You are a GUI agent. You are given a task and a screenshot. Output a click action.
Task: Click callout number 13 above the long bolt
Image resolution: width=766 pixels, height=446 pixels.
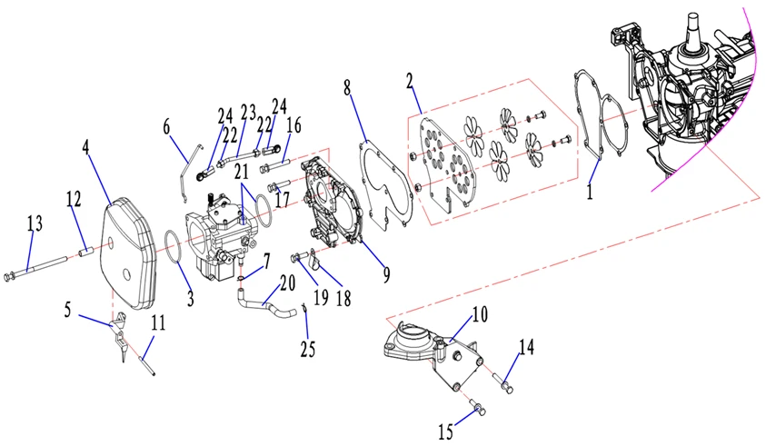[x=34, y=223]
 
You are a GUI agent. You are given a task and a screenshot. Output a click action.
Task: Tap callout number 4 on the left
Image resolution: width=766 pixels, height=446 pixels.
[x=87, y=147]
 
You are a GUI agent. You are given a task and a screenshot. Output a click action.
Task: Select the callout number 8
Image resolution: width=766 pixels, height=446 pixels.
[x=347, y=87]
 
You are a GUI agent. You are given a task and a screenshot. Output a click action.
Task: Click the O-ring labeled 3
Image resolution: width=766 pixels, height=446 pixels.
[x=171, y=246]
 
